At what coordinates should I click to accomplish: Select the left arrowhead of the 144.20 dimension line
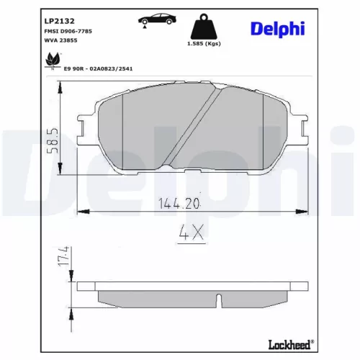(x=81, y=212)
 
